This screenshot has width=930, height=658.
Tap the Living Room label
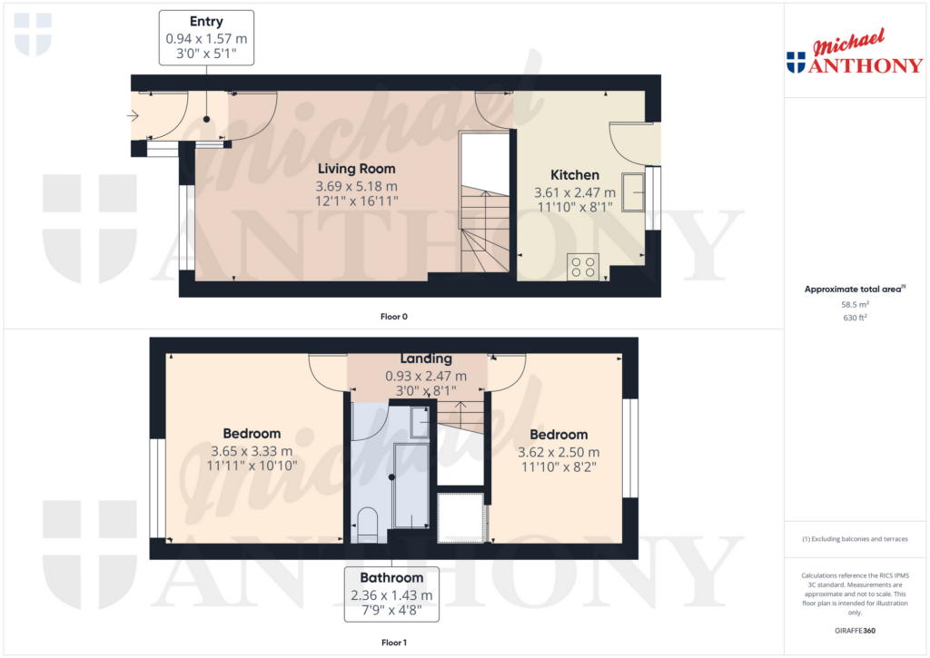coord(356,169)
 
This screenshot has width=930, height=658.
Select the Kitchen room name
coord(575,175)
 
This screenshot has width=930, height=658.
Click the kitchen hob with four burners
coord(583,267)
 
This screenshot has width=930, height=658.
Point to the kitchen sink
coord(633,187)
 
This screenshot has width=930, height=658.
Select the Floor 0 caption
coord(393,317)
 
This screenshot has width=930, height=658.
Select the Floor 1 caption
coord(393,643)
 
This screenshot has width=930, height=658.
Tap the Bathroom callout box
coord(391,594)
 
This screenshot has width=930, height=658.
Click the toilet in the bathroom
coord(368,525)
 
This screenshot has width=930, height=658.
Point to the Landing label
coord(426,359)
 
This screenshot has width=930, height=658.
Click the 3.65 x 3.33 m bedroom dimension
coord(252,451)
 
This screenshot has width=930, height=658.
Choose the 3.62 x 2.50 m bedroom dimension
coord(559,452)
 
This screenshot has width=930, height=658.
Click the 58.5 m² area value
coord(854,305)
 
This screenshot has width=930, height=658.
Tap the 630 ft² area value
coord(854,318)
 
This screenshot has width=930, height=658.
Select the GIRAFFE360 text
coord(854,630)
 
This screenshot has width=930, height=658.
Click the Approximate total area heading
coord(852,290)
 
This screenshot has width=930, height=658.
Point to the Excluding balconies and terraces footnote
coord(854,539)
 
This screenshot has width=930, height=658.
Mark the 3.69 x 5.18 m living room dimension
coord(356,186)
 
